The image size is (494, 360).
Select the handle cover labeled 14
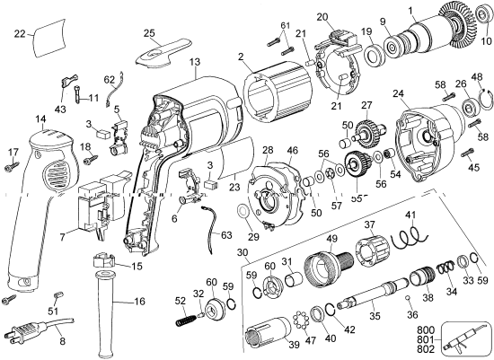click(x=45, y=198)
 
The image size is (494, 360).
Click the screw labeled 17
click(x=13, y=166)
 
